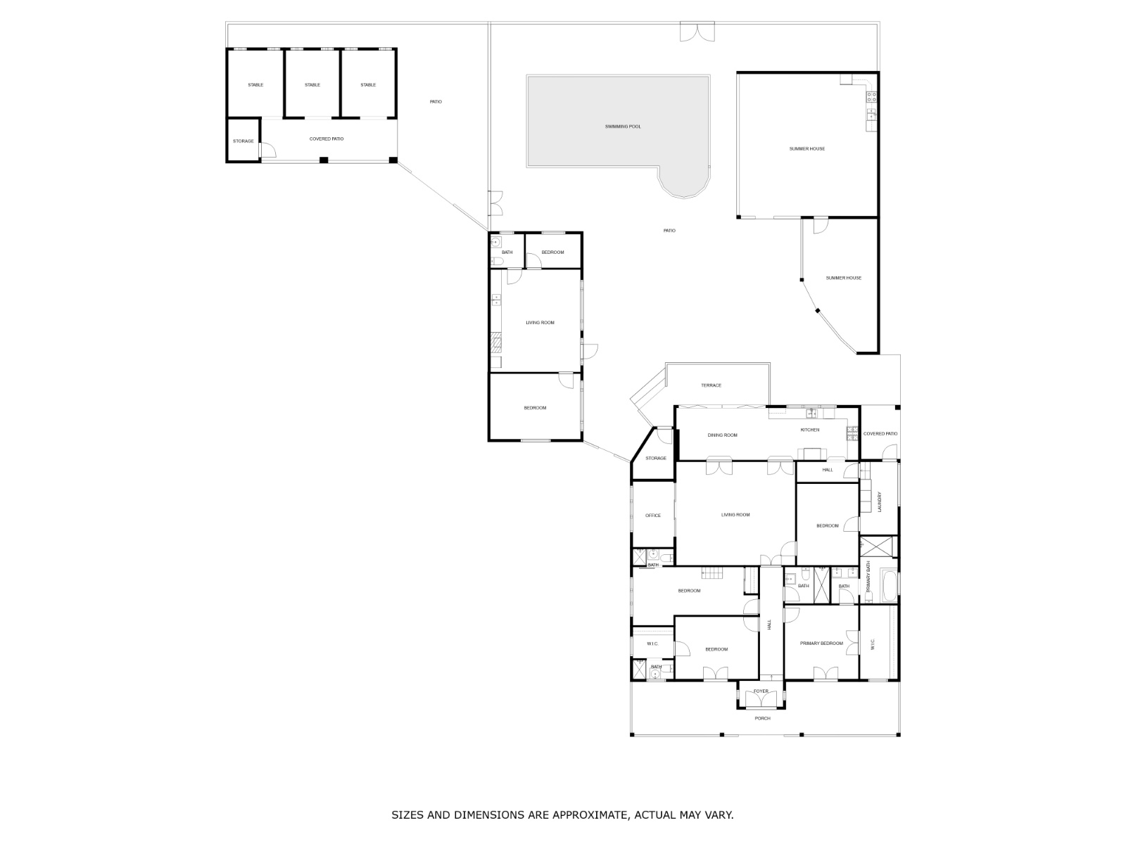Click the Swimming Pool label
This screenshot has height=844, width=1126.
[622, 127]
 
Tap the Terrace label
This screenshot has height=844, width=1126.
[711, 385]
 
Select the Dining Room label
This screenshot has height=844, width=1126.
[722, 435]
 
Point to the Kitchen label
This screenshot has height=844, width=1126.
[809, 430]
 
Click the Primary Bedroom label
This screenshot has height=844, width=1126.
[821, 643]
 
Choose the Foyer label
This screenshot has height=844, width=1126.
[760, 691]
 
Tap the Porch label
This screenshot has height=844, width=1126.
[762, 718]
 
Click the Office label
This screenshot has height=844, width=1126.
[652, 516]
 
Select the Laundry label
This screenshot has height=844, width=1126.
[879, 502]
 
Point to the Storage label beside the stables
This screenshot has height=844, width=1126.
[243, 141]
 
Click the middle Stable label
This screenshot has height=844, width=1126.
[312, 84]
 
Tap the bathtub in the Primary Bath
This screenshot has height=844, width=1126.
[889, 586]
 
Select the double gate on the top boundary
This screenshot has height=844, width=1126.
[697, 31]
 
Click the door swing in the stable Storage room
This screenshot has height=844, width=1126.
[268, 150]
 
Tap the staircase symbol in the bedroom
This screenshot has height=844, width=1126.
[711, 573]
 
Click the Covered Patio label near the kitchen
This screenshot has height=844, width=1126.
[880, 433]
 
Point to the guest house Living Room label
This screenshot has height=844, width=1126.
[540, 323]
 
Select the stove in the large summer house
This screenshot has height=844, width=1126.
[871, 96]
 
